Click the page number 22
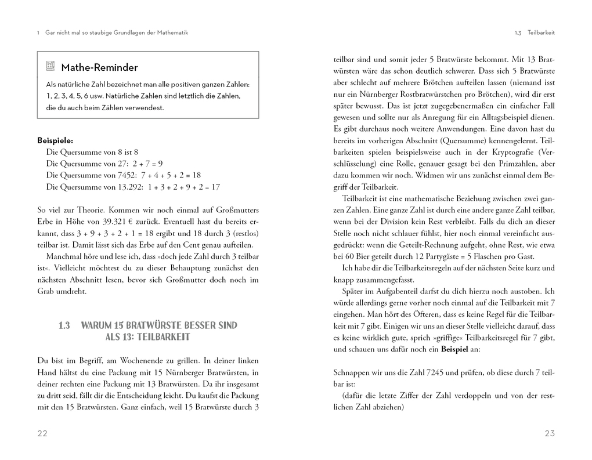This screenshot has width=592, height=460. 42,434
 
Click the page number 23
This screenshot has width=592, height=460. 550,434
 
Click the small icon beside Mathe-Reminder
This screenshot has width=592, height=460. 50,67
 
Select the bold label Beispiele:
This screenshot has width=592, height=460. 55,140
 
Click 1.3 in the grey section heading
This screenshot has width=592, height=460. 64,325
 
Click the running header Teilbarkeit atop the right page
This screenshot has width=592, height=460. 541,33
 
